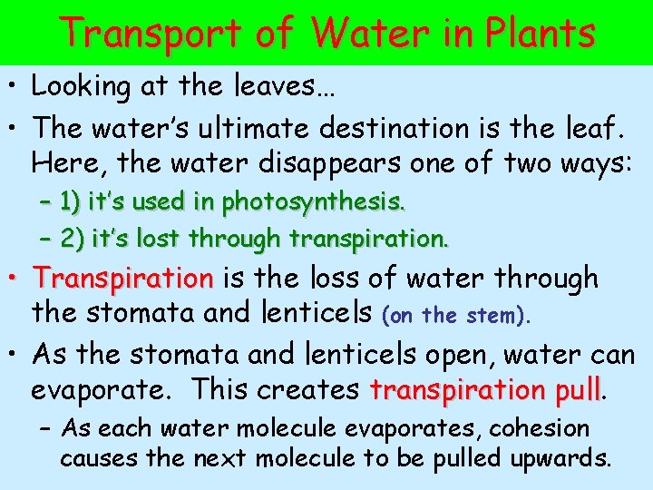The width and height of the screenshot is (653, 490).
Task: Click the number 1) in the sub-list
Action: (71, 201)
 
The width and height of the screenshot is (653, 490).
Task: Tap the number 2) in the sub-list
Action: (71, 240)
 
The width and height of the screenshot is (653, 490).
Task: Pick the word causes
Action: (100, 459)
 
